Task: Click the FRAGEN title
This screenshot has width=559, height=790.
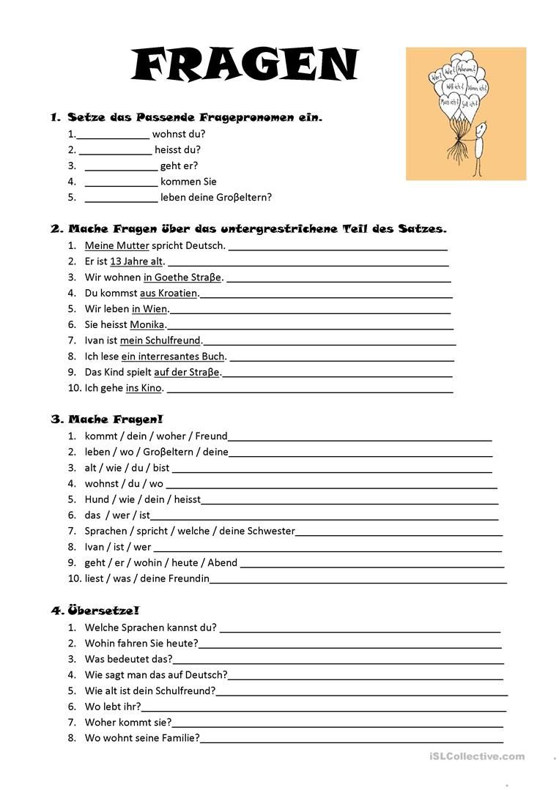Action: point(245,65)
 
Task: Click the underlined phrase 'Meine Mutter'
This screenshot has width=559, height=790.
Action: point(116,246)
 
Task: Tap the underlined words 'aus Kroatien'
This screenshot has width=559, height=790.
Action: point(169,294)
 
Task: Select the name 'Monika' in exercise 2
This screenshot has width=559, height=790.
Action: point(148,325)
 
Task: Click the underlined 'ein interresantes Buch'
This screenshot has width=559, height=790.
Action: point(174,357)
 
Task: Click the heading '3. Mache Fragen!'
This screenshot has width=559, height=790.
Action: point(107,420)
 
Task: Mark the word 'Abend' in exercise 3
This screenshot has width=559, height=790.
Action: point(223,563)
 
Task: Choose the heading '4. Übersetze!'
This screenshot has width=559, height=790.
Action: point(95,611)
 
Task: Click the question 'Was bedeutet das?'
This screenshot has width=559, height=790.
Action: point(129,659)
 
